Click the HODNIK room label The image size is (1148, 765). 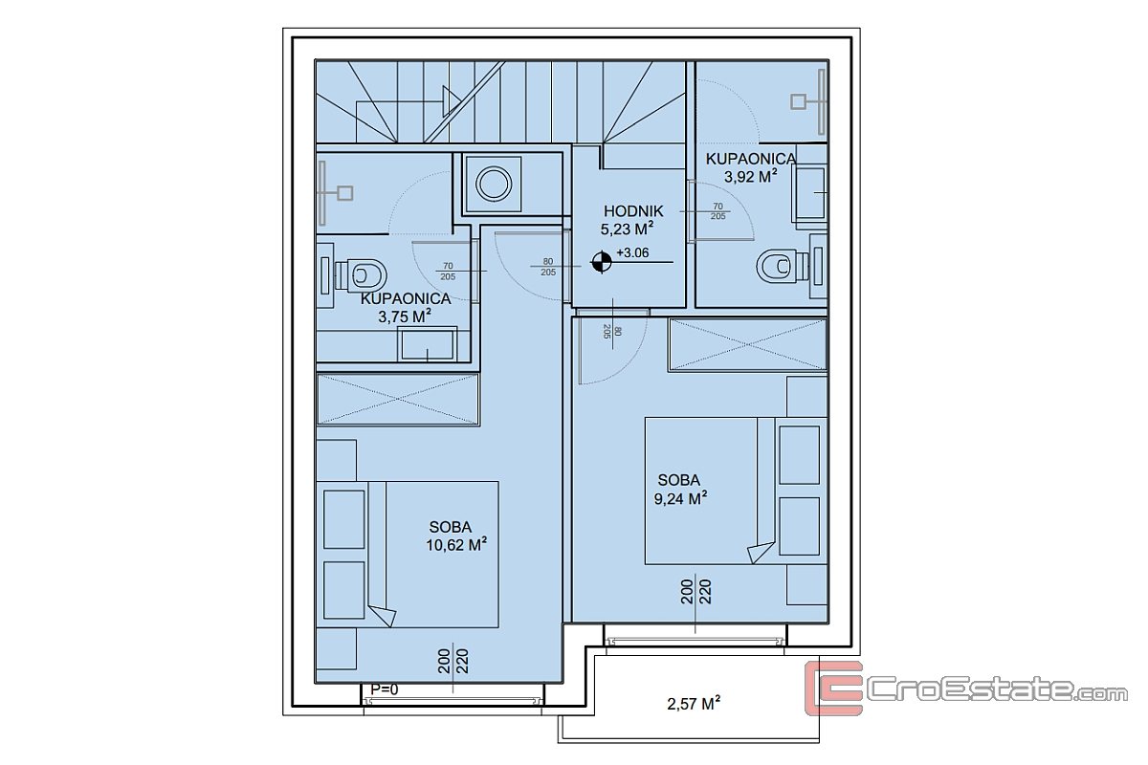click(633, 211)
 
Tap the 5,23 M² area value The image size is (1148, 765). click(627, 229)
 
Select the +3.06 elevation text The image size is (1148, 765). click(632, 252)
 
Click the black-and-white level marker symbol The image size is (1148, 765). click(601, 262)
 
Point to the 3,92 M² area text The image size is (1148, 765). click(750, 176)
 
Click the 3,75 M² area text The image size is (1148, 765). click(405, 317)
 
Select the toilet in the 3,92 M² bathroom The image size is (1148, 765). click(783, 266)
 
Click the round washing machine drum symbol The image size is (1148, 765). click(493, 184)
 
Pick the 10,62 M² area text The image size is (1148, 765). click(456, 545)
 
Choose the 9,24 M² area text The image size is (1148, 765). click(680, 498)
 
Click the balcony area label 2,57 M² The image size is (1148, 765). click(694, 704)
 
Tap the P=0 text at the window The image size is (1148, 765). click(384, 689)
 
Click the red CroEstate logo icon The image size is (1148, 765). click(833, 688)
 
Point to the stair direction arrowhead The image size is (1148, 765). click(452, 101)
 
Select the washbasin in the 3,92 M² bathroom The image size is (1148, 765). click(809, 192)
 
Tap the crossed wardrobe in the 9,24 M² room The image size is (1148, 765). click(747, 344)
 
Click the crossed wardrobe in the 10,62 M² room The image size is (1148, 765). click(398, 399)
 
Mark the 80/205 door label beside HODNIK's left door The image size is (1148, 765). click(548, 267)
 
